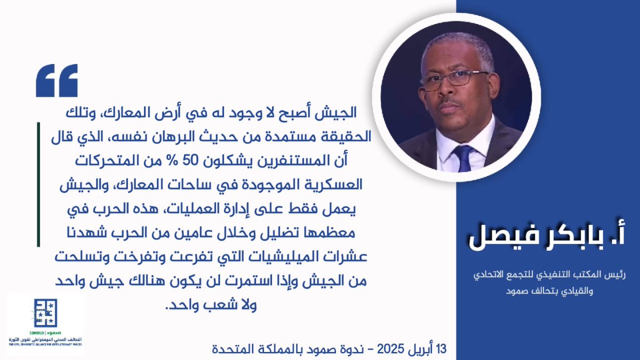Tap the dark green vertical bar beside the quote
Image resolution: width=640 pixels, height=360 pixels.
coord(38,184)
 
